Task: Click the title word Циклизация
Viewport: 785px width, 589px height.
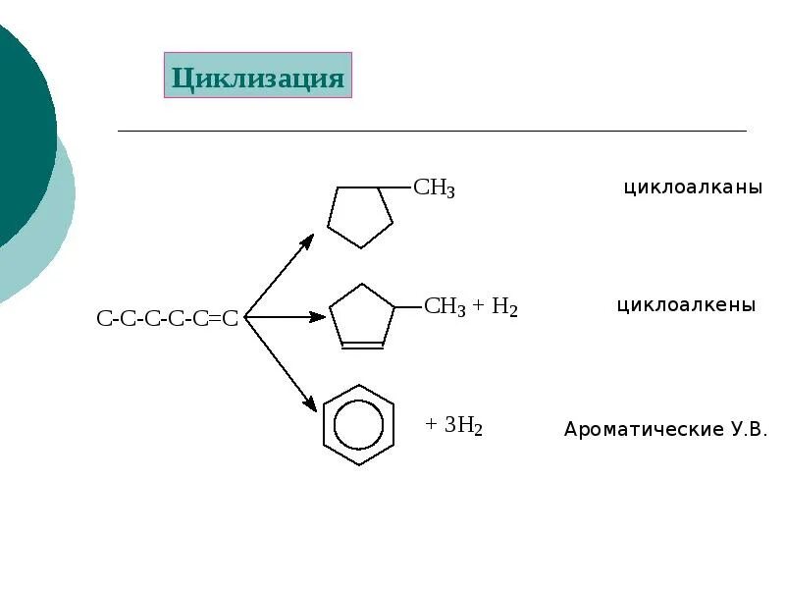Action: (258, 78)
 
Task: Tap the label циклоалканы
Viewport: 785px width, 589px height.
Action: (693, 187)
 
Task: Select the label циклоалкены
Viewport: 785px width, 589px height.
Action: (686, 305)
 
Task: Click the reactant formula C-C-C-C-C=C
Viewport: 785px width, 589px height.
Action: (168, 318)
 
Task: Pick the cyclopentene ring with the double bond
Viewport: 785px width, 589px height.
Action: (361, 316)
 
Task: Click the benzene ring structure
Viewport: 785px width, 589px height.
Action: (359, 425)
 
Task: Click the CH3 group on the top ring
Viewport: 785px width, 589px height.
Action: (434, 188)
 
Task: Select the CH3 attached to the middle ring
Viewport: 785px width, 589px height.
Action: (445, 307)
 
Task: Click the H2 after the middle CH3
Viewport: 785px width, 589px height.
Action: (504, 307)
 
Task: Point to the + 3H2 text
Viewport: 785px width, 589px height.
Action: (453, 425)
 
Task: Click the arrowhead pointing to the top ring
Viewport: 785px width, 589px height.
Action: (307, 240)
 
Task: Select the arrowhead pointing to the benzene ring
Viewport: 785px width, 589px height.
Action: (310, 403)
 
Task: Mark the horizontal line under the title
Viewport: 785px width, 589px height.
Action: (432, 131)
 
